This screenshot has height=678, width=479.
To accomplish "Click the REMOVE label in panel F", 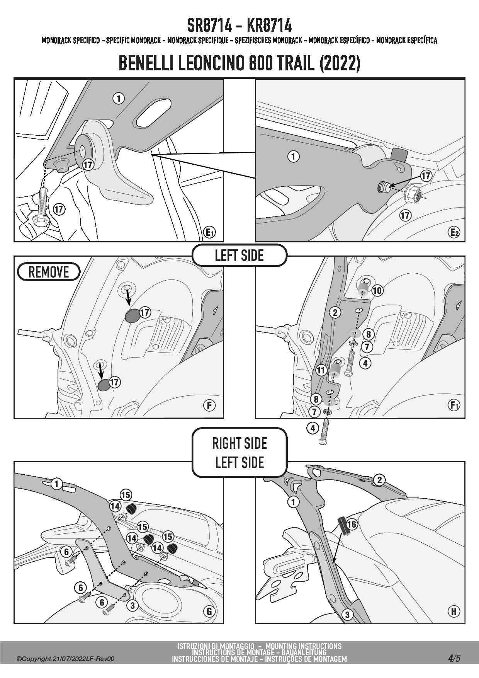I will point(49,272).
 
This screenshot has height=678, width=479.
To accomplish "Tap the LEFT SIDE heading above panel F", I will point(239,256).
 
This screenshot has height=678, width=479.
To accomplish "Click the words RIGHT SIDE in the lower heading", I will point(239,443).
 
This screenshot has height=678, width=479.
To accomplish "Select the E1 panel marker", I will point(209,232).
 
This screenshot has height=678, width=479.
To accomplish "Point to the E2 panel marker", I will point(454,232).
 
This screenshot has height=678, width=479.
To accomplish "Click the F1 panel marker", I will point(454,405).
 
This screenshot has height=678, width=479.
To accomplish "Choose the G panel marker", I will point(209,611).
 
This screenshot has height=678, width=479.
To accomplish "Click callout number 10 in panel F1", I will point(377,290).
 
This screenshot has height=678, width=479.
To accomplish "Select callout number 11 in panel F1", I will point(321,370).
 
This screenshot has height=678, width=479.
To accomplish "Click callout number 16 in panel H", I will point(352,524).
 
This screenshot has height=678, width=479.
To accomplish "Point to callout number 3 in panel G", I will point(132,605).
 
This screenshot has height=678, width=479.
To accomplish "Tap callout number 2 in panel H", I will point(380,480).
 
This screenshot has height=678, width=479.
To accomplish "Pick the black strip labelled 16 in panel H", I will point(343,526).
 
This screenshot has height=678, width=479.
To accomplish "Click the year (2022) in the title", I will point(340,63).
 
